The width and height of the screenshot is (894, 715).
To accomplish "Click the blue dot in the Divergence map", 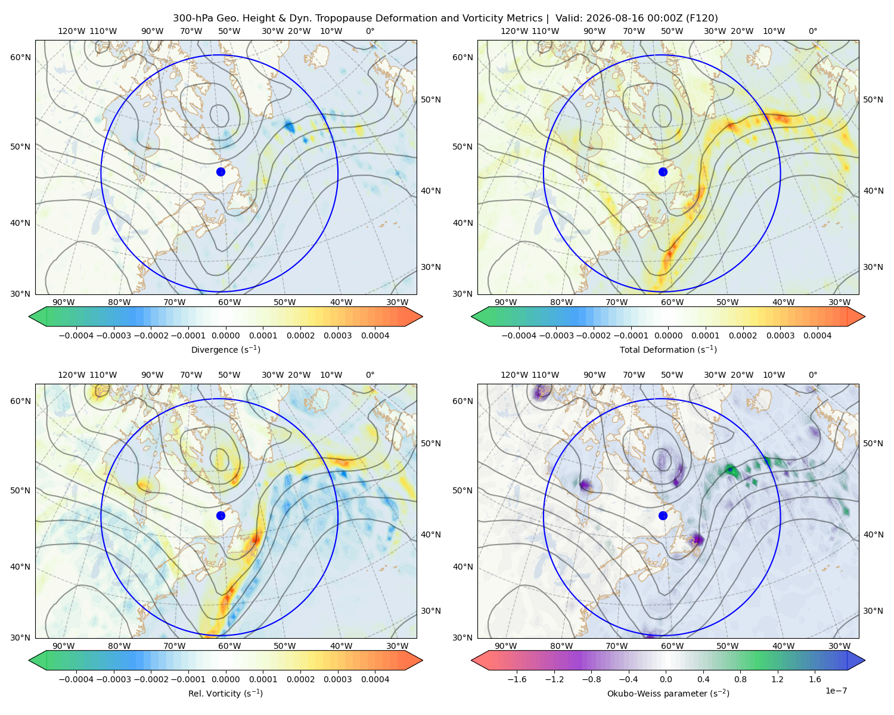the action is point(221,172).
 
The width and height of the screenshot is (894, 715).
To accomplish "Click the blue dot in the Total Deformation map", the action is point(663,172).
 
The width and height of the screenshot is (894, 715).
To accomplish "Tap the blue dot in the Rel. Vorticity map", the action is point(221,515).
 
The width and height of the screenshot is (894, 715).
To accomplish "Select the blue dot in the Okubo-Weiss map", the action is point(663,515).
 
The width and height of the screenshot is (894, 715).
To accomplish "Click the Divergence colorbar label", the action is point(225,349).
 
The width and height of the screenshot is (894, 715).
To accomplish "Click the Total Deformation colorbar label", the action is point(668,349).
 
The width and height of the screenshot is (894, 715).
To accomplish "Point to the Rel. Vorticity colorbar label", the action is point(225,693).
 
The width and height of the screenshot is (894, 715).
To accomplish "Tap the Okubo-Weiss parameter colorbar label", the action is point(668,693).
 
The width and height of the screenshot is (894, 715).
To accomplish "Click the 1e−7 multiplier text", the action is point(836,691).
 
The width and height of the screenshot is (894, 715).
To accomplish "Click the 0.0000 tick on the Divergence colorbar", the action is point(225,335).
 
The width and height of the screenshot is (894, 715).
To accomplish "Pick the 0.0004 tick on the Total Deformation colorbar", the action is point(817,335).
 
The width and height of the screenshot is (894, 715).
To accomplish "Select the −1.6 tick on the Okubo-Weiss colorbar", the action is point(517,679).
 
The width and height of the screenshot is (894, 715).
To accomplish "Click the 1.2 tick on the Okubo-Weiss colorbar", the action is point(777,679).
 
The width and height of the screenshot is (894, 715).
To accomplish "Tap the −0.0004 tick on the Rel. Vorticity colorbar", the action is point(76,679).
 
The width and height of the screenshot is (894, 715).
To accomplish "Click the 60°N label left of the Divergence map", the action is point(20,57).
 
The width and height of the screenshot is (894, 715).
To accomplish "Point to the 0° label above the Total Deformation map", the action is point(813,31).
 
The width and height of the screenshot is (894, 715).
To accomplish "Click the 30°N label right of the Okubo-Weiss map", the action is point(873,610).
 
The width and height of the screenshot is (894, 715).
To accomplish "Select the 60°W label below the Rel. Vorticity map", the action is point(229,646).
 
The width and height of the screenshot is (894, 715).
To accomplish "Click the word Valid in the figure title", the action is point(567,18).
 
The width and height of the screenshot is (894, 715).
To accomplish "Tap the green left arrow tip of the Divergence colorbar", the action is point(29,316).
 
